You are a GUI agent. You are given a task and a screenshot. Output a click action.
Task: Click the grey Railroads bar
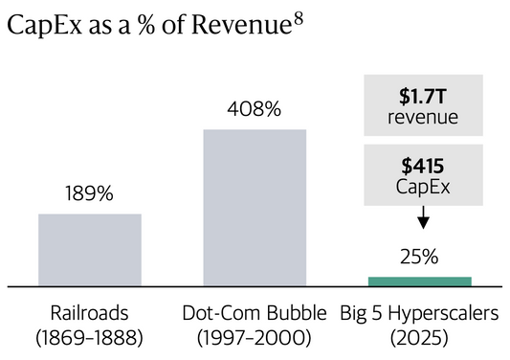tap(90, 249)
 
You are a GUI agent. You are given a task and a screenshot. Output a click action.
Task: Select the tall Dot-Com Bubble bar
tap(255, 207)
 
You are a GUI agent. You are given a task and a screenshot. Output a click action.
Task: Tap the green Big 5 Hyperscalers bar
tap(419, 281)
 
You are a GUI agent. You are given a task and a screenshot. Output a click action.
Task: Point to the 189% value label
tap(90, 194)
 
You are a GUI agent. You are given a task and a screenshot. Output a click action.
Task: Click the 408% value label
tap(255, 109)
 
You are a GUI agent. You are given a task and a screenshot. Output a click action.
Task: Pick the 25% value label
tap(419, 257)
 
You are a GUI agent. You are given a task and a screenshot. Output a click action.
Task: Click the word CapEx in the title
tap(36, 32)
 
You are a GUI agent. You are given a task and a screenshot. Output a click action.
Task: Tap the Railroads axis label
tap(90, 313)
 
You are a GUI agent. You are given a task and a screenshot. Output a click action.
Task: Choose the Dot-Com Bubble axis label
tap(255, 313)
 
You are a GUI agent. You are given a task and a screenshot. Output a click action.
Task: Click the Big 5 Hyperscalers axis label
tap(419, 313)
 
